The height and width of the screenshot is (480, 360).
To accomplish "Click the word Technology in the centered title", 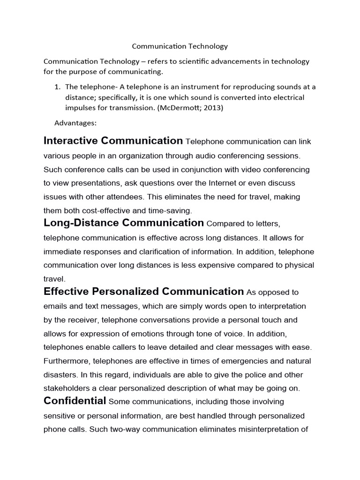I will click(x=208, y=46).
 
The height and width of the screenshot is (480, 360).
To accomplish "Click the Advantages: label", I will click(x=75, y=123).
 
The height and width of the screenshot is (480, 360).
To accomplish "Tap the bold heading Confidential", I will click(x=75, y=401).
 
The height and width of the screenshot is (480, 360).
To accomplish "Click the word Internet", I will click(x=225, y=183).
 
